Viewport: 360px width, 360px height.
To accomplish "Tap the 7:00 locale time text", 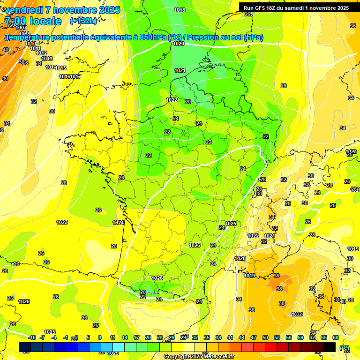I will click(32, 21).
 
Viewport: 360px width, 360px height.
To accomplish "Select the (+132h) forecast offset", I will click(83, 21).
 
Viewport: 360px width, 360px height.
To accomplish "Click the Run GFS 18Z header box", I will click(296, 7).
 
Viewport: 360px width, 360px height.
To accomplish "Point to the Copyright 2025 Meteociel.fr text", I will click(199, 357).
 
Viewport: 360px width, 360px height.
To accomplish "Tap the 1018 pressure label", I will click(179, 10).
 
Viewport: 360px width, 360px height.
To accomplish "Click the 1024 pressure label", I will click(118, 223).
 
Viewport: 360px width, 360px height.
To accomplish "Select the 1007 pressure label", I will click(21, 28).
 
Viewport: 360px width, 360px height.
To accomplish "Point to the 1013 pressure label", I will click(47, 59).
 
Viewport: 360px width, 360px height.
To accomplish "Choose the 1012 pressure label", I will click(41, 53).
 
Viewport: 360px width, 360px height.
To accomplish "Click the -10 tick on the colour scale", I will click(32, 338).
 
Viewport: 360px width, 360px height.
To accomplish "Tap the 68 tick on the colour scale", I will click(336, 338).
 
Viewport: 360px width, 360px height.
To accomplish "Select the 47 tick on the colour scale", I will click(254, 338).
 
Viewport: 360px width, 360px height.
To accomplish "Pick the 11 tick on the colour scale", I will click(112, 338).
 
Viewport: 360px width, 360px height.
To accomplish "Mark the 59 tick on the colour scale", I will click(300, 338).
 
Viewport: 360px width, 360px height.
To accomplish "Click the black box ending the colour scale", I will click(330, 347).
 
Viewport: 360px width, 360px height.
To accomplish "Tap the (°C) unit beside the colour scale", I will click(345, 348).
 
